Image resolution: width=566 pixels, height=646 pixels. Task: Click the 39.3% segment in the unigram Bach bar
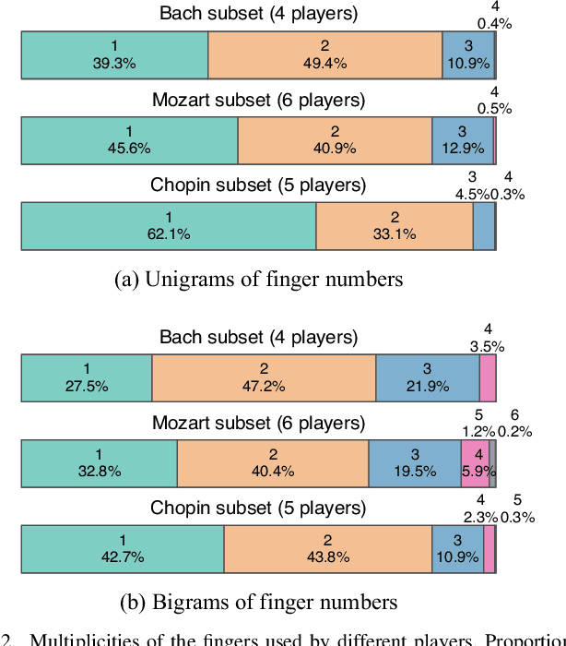114,54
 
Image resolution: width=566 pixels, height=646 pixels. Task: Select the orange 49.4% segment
324,54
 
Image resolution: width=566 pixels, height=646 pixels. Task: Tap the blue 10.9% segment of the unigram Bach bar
467,54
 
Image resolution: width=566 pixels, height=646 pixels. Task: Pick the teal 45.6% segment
129,140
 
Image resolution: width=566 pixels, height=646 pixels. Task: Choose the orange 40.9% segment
335,140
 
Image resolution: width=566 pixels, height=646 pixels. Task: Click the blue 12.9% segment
462,140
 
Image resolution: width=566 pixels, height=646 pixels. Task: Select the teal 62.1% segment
168,226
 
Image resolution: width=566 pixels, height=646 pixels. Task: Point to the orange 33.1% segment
394,226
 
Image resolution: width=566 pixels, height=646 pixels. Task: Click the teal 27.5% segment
87,379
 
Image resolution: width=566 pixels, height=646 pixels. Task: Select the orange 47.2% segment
264,379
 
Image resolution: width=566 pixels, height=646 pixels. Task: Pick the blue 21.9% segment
427,379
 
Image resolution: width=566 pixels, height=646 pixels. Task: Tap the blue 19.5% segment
415,463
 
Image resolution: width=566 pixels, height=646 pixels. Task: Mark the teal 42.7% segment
123,549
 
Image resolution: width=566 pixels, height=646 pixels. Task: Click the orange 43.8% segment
327,549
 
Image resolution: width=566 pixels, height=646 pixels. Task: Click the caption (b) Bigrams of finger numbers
259,603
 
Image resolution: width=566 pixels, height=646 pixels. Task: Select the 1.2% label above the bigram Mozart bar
478,431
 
